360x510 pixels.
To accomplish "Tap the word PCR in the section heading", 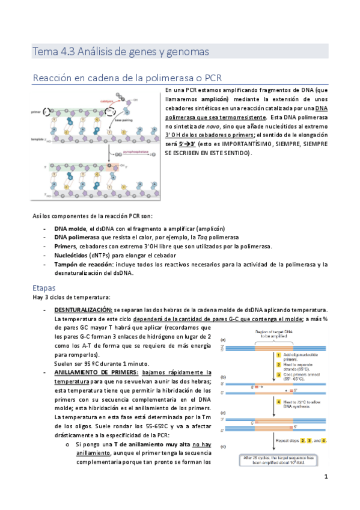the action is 214,78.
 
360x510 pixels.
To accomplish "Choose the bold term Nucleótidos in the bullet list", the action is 72,254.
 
